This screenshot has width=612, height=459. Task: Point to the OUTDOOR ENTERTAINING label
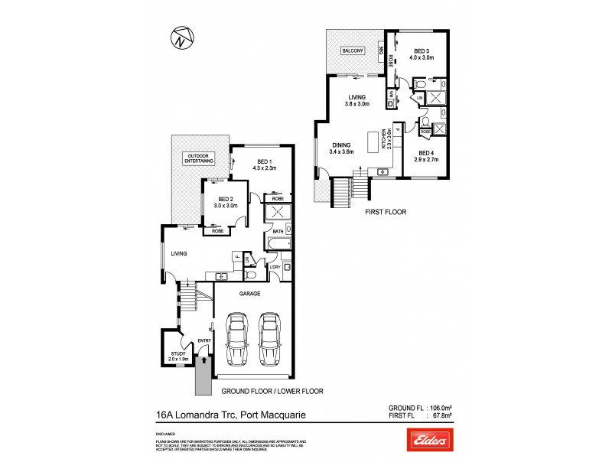tap(198, 158)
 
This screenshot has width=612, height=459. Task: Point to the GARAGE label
tap(250, 293)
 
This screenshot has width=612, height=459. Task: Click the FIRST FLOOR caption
tap(385, 211)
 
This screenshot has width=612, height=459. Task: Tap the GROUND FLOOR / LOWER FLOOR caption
tap(272, 391)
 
